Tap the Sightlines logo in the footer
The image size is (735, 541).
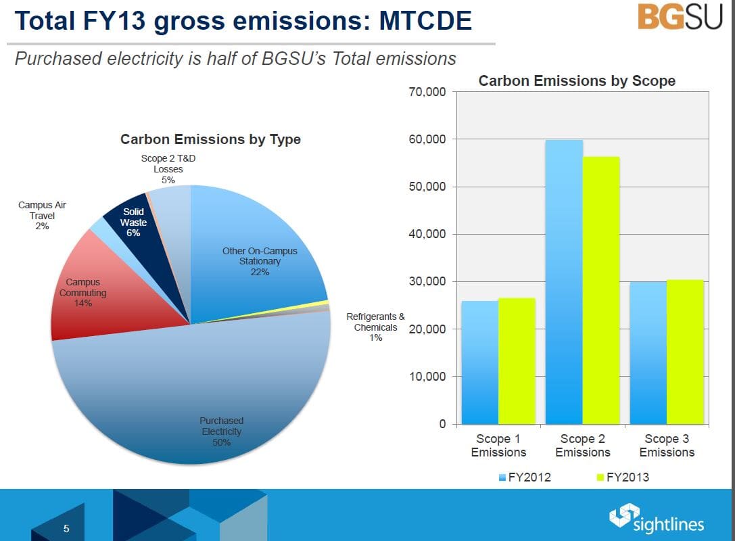[x=657, y=519]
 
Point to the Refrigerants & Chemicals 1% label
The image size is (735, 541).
[x=375, y=327]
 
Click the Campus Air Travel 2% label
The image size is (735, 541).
[x=42, y=215]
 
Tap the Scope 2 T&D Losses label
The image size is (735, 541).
[x=168, y=168]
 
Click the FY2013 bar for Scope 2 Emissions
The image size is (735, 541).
[x=601, y=291]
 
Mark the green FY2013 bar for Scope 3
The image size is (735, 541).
[x=685, y=352]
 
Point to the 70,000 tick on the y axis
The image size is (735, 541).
[x=427, y=92]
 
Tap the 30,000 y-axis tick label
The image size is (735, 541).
[x=427, y=282]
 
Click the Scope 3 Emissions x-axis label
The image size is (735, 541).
[x=667, y=446]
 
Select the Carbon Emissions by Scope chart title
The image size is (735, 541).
[x=577, y=81]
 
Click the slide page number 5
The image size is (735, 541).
[x=66, y=528]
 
